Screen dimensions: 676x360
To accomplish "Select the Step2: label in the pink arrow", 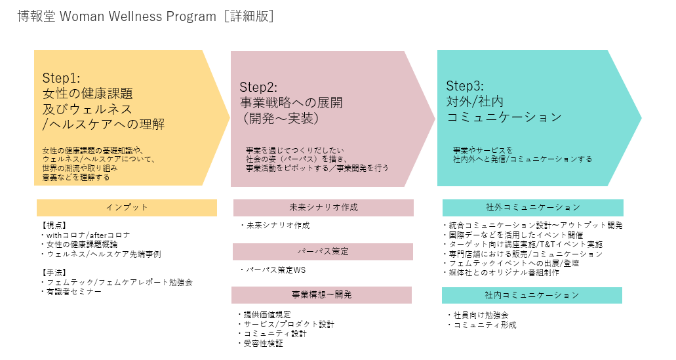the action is (258, 87).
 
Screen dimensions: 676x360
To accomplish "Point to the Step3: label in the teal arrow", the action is (465, 86).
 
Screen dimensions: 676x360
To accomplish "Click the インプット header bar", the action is (127, 208).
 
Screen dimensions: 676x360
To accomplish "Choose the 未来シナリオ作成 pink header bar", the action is (323, 208).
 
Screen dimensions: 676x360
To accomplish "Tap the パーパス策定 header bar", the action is (323, 252).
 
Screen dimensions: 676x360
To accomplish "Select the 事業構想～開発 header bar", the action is (321, 295).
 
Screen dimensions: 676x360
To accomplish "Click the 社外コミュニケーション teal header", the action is (532, 208).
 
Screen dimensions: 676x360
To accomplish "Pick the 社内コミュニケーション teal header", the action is (532, 295).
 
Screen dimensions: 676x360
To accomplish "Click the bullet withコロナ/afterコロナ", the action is (88, 235).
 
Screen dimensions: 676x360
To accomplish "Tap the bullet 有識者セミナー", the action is (73, 291).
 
